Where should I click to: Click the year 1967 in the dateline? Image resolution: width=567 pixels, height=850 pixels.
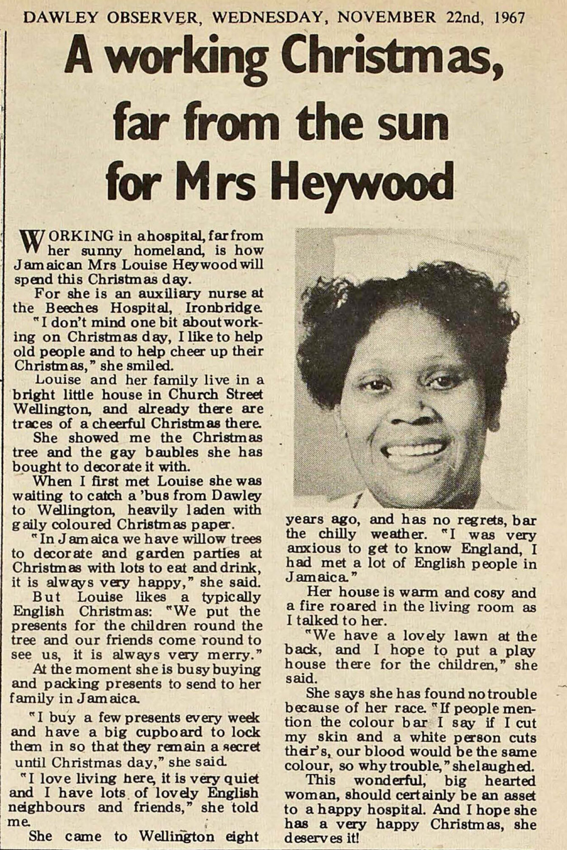pos(509,17)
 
